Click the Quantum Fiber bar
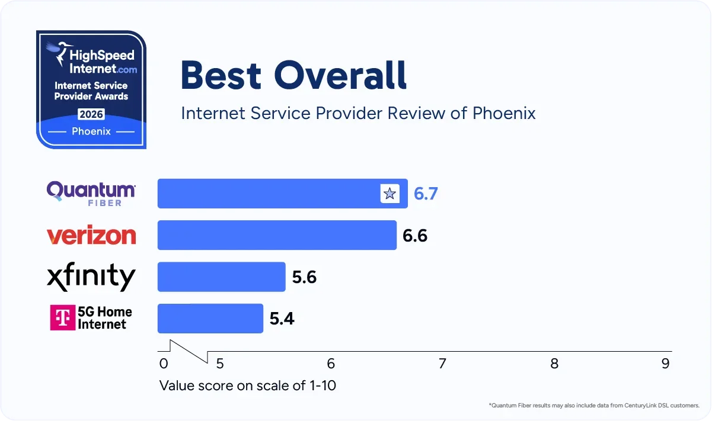[267, 194]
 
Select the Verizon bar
[276, 235]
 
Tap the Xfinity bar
[221, 277]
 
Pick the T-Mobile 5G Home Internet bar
[210, 319]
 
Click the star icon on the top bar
[389, 194]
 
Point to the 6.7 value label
[426, 194]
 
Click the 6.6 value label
[415, 236]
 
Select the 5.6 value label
[304, 277]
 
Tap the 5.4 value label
[282, 319]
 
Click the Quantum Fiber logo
[91, 193]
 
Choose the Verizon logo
[91, 236]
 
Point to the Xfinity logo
[91, 277]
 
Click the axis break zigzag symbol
[189, 351]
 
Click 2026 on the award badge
[91, 115]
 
